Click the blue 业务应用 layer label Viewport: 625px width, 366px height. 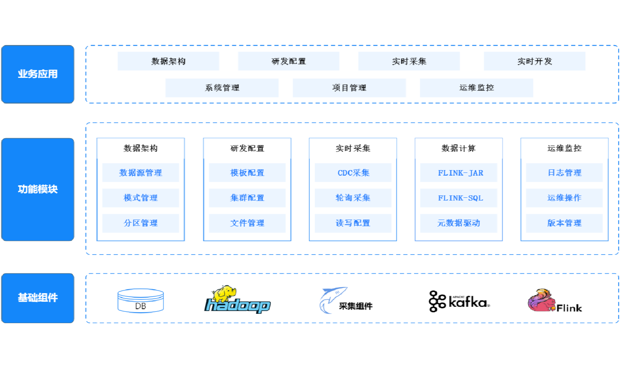[37, 74]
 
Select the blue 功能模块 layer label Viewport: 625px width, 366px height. [37, 189]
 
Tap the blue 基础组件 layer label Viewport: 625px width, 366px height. [37, 298]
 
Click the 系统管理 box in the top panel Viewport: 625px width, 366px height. [222, 88]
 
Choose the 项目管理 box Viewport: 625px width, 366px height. [349, 88]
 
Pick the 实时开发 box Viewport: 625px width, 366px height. [534, 62]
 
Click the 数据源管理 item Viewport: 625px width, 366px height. [141, 173]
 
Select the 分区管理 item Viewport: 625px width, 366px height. [141, 223]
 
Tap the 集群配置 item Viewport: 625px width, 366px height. [247, 198]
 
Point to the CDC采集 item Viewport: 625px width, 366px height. [353, 173]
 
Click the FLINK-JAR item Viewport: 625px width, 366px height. [459, 173]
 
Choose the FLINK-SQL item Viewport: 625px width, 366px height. [459, 198]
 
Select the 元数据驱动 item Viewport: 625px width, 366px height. [459, 223]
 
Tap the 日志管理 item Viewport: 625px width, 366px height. [564, 173]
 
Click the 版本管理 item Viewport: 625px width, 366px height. [564, 223]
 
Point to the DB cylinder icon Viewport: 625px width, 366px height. [141, 301]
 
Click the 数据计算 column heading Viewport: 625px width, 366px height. [459, 148]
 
